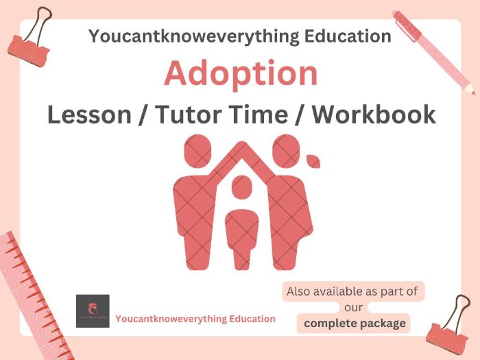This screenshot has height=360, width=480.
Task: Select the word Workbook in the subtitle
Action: (373, 114)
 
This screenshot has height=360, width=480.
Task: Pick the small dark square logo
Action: (93, 311)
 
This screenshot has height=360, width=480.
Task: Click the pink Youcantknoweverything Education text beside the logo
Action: (195, 319)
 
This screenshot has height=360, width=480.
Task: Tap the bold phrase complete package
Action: (355, 323)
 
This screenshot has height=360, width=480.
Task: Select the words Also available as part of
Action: (352, 291)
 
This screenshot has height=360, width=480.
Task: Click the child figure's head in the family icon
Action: (241, 187)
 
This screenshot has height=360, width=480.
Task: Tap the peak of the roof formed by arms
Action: (241, 145)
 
